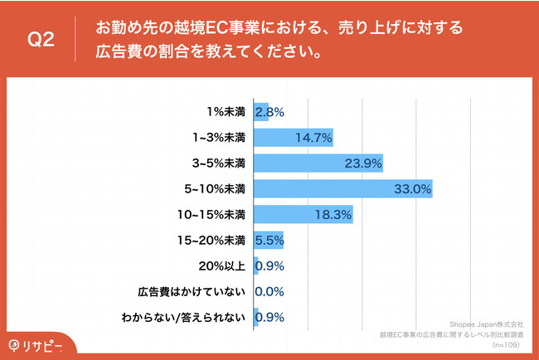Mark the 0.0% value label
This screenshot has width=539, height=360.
270,292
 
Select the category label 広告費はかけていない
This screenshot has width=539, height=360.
192,292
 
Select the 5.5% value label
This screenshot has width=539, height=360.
270,241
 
